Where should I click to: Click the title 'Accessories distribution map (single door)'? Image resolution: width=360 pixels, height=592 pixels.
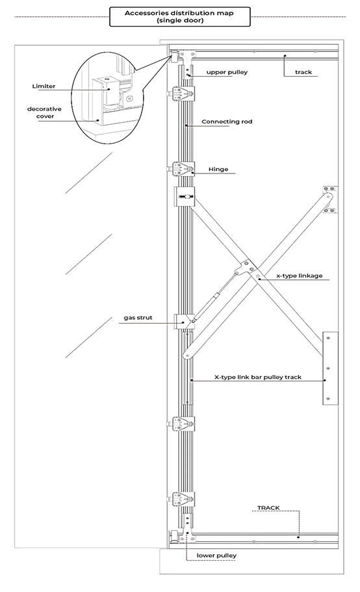click(179, 17)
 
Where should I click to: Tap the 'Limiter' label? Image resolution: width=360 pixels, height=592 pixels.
click(44, 86)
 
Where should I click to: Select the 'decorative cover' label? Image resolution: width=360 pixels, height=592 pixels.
click(45, 112)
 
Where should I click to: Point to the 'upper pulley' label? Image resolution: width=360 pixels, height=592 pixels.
click(227, 72)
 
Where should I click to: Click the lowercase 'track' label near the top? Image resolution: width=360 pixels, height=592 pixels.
click(303, 72)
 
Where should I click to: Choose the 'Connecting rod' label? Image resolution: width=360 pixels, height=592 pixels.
click(227, 122)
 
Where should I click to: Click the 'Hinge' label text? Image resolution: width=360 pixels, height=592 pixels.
click(218, 170)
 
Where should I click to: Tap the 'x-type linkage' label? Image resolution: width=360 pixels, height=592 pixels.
click(300, 276)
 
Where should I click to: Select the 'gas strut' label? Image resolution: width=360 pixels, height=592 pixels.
click(138, 318)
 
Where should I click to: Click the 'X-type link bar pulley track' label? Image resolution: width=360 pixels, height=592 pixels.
click(258, 377)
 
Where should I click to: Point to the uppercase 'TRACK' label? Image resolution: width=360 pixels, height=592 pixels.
click(268, 508)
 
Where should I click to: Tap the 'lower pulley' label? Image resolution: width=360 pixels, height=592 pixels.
click(216, 556)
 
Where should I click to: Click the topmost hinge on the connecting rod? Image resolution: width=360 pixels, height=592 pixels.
click(183, 94)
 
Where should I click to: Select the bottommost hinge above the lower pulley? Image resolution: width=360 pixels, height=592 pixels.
click(183, 499)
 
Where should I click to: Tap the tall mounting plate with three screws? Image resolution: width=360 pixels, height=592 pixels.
click(330, 368)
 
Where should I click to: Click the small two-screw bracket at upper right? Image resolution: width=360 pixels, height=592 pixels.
click(330, 199)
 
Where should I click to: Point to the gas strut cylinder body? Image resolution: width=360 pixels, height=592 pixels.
click(214, 297)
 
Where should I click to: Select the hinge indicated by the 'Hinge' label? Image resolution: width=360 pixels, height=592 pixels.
click(183, 168)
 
